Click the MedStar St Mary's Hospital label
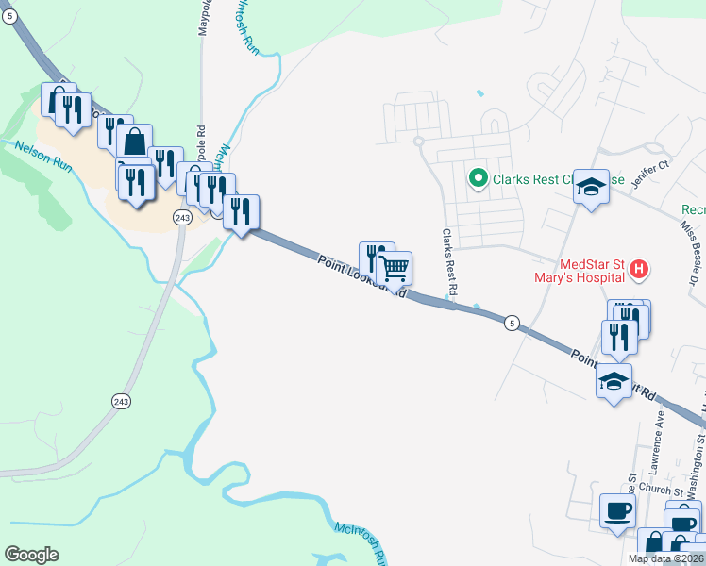[x=591, y=271]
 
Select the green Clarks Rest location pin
[x=479, y=177]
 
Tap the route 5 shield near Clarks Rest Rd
[x=511, y=323]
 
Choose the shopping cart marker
[x=395, y=267]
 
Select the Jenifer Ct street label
[x=650, y=175]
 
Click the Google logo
[x=31, y=555]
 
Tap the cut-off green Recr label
[x=693, y=209]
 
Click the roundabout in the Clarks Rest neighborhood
[x=418, y=142]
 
